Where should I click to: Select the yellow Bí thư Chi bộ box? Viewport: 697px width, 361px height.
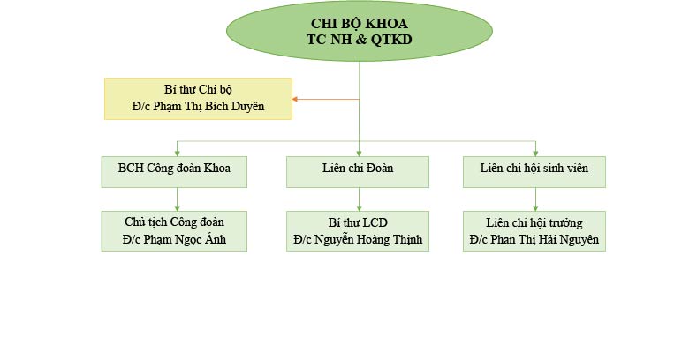coord(198,98)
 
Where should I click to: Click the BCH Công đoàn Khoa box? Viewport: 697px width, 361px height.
coord(175,172)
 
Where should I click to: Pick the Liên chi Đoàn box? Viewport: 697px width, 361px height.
coord(358,172)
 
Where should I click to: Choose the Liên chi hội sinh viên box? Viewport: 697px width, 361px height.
coord(534,172)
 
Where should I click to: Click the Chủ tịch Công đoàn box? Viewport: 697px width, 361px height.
coord(175,230)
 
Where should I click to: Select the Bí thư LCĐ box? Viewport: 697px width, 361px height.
coord(358,230)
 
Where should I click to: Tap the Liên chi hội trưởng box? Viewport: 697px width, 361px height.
coord(534,230)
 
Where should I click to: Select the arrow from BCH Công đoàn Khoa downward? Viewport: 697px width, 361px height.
coord(177,199)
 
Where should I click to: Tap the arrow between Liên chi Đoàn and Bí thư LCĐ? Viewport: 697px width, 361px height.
coord(359,199)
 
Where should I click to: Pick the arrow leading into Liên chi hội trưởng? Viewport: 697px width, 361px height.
coord(535,199)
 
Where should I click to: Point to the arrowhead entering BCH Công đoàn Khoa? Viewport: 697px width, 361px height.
coord(177,152)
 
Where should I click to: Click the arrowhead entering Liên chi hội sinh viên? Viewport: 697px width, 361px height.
coord(535,152)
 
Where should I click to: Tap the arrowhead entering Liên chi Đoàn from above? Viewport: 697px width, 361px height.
coord(359,152)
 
